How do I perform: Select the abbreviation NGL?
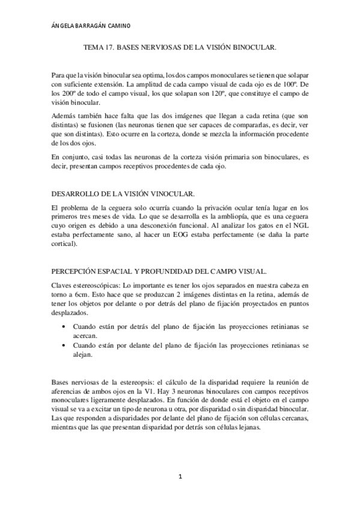click(299, 229)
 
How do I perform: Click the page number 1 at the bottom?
click(180, 478)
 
